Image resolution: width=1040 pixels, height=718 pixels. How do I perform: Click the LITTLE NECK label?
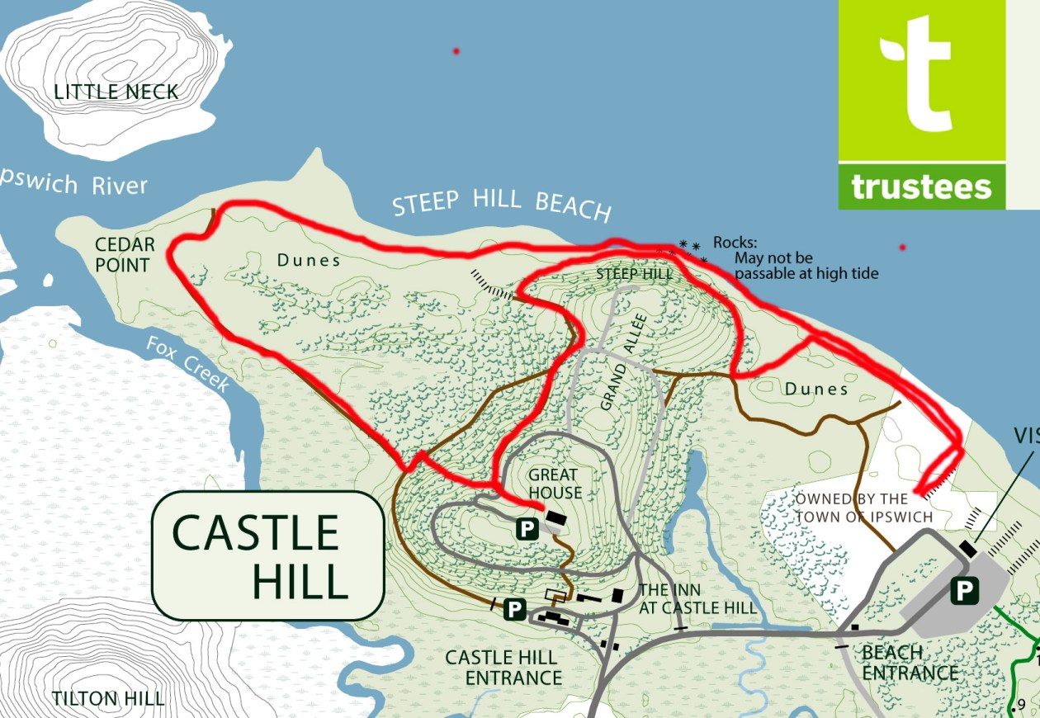point(116,92)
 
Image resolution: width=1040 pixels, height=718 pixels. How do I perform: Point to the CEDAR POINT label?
point(124,255)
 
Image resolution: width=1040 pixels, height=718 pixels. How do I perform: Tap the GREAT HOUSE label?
point(555,484)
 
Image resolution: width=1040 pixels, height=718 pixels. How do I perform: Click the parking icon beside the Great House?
point(527,529)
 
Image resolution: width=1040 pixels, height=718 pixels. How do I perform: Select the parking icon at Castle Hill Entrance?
point(515,609)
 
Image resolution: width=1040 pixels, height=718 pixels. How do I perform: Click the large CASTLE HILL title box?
point(268,555)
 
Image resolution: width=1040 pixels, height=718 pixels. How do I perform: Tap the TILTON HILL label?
point(108,698)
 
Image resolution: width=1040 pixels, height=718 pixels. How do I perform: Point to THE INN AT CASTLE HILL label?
point(697,599)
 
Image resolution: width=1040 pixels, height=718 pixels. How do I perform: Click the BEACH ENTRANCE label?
point(910,663)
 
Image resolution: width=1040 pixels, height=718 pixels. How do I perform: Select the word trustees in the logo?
point(921,187)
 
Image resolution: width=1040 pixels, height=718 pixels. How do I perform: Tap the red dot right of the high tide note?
point(902,248)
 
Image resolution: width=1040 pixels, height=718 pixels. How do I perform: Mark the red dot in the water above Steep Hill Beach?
point(456,52)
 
